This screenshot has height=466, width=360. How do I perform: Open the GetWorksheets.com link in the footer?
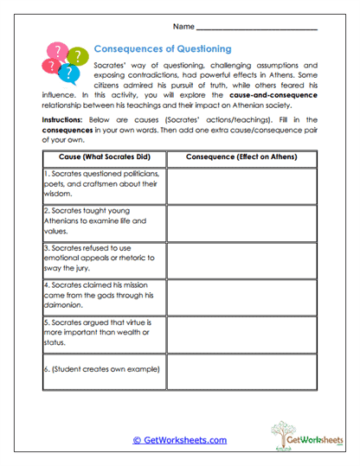179,439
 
